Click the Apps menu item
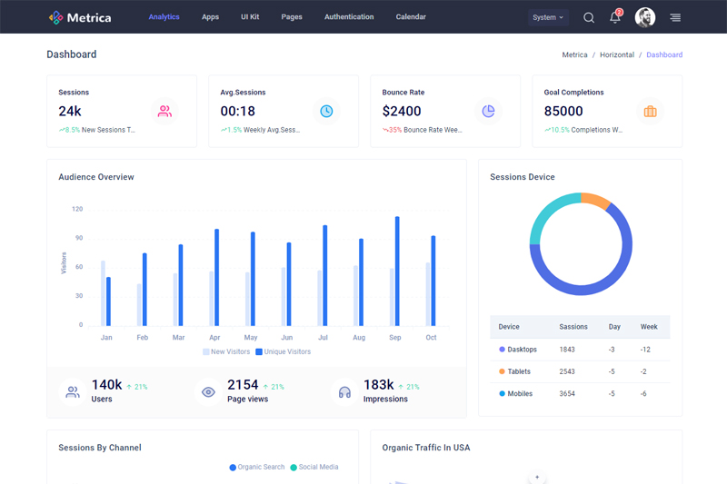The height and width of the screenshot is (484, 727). pos(210,17)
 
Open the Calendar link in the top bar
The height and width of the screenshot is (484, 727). pos(411,17)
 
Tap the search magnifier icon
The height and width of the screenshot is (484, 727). pos(589,17)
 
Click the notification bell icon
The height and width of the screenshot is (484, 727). pos(615,17)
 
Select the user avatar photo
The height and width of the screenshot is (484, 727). pos(645,17)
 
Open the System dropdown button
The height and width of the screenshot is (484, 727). pos(548,17)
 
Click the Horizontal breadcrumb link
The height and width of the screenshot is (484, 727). pos(617,54)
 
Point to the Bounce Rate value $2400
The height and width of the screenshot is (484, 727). pos(402,111)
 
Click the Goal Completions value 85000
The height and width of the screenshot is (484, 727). pos(563,111)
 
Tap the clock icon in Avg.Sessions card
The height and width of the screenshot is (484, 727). pos(326,111)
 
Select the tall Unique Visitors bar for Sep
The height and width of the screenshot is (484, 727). pos(397,271)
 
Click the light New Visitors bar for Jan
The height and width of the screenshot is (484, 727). pos(103,292)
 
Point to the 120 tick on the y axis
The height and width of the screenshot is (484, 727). pos(77,209)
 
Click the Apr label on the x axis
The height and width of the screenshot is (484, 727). pos(214,338)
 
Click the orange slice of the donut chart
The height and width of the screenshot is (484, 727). pos(595,200)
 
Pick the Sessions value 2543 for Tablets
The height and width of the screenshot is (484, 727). pos(567,371)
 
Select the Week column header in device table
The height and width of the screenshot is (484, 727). pos(649,327)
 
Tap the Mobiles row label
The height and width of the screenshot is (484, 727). pos(521,393)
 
